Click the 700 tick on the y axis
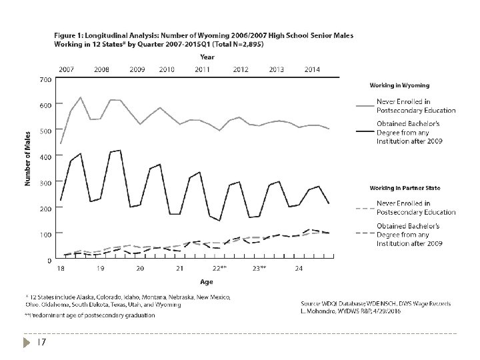(45, 79)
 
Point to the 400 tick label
(45, 157)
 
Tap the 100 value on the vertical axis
(45, 234)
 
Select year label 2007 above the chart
(67, 69)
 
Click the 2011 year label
(203, 69)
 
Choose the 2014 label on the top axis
(311, 69)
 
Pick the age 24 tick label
(299, 268)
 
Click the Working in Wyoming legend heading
(399, 85)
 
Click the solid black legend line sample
(365, 132)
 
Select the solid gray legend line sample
(365, 105)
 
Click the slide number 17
(41, 343)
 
